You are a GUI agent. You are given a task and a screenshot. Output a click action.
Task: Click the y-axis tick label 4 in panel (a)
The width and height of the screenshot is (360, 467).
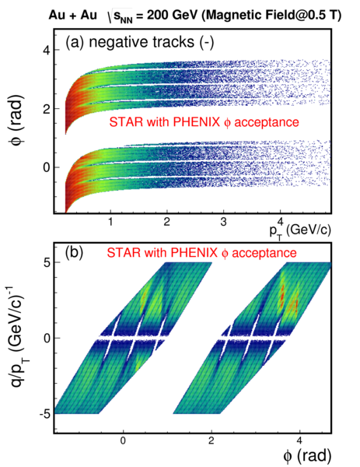pos(46,50)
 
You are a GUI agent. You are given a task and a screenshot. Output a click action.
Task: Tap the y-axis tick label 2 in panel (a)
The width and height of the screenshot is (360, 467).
pos(46,109)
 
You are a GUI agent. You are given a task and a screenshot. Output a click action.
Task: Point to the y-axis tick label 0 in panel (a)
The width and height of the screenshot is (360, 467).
pos(46,167)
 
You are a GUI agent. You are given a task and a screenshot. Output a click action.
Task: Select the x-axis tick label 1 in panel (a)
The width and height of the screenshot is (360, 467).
pos(110,222)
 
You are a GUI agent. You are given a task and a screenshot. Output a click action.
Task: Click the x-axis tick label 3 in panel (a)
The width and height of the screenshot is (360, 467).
pos(223,222)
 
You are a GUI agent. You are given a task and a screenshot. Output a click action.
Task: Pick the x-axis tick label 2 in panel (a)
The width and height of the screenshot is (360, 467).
pos(167,222)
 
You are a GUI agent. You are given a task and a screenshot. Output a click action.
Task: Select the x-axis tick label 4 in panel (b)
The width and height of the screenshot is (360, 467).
pos(299,441)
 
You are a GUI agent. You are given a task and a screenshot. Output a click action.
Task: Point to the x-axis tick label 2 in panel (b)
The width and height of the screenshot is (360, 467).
pos(211,441)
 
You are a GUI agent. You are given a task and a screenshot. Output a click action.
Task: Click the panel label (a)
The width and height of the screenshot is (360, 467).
pos(75,42)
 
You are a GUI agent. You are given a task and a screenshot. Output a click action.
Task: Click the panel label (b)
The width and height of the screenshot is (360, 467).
pos(74,252)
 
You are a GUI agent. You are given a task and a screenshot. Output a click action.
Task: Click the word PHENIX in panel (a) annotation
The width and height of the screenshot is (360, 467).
pos(196,122)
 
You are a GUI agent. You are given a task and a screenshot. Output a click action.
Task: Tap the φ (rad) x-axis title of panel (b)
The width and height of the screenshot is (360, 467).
pos(307,455)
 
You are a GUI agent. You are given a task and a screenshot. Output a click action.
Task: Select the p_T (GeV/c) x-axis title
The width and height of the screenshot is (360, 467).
pos(300,230)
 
